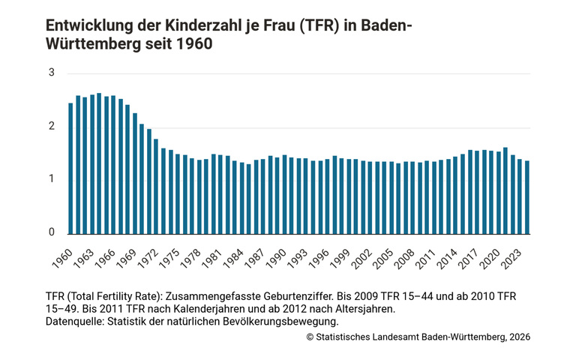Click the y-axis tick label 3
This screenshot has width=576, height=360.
(52, 73)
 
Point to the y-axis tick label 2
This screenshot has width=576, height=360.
(52, 126)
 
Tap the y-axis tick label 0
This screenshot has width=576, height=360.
(52, 232)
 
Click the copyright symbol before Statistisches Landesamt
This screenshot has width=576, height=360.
(310, 337)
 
